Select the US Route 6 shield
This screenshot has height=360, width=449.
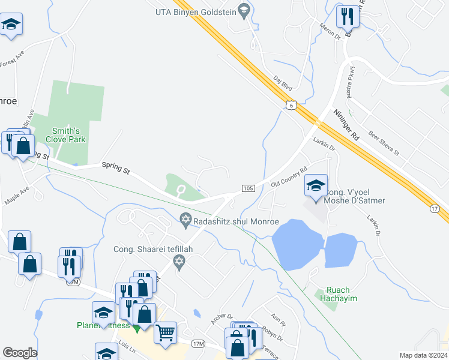click(291, 105)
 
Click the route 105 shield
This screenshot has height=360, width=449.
click(247, 188)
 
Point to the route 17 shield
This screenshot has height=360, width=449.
click(436, 208)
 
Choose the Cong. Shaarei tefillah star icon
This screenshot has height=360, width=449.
click(178, 262)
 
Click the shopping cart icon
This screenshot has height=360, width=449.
click(165, 332)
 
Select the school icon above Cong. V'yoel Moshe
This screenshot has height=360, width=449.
click(316, 185)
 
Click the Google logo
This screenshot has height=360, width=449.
click(20, 353)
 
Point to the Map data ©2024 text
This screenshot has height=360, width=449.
click(423, 355)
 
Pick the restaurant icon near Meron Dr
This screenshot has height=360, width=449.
click(346, 16)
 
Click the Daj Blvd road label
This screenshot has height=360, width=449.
click(282, 82)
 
